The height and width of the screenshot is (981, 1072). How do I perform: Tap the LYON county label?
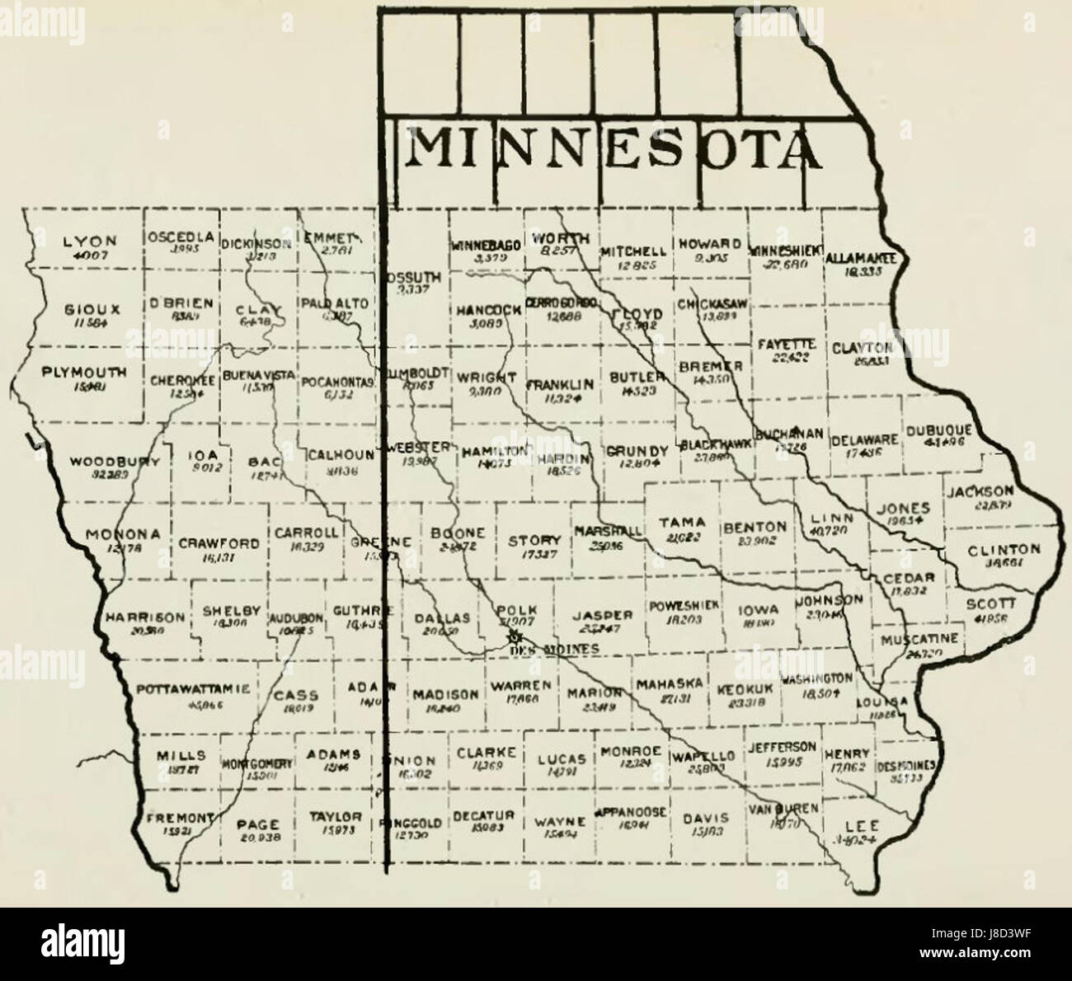(x=90, y=242)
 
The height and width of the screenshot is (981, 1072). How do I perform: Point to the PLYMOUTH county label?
(x=84, y=373)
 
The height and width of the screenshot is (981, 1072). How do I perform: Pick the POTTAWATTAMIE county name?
(x=193, y=689)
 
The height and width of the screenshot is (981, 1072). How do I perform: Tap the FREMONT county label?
(x=181, y=819)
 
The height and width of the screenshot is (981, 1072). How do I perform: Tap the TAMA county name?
(x=682, y=522)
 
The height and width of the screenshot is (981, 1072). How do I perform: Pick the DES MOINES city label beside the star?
(x=544, y=651)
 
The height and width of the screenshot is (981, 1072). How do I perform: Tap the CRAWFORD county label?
(x=219, y=544)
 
